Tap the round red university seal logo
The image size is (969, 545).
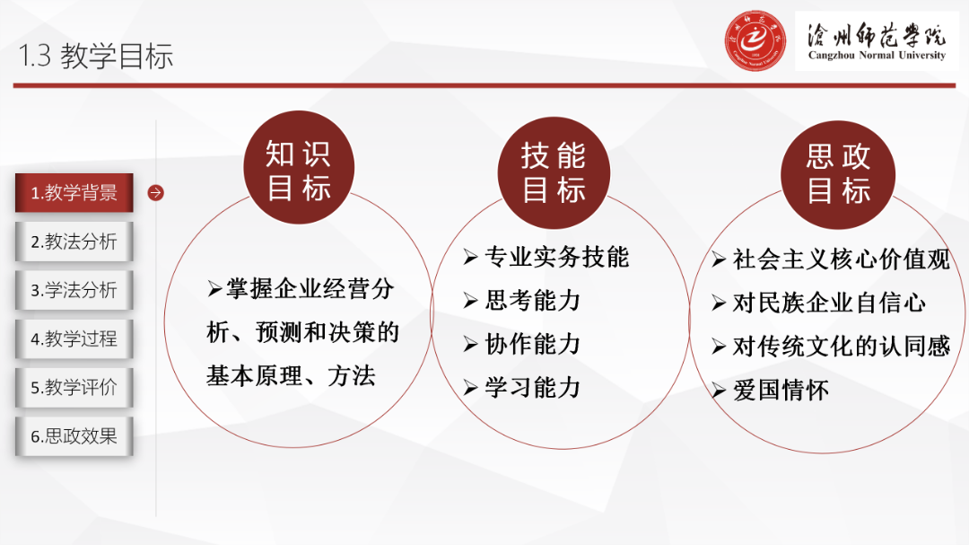[x=755, y=40]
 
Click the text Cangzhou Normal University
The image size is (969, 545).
[x=877, y=56]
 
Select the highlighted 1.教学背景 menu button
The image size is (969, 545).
[x=74, y=193]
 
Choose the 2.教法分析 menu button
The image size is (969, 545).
[x=74, y=242]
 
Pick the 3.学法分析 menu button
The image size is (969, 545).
[x=74, y=290]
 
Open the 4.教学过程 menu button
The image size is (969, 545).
[x=74, y=338]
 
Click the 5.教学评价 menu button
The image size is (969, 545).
[x=74, y=388]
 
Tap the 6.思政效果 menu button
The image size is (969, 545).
[x=74, y=436]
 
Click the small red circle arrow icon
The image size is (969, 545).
[x=156, y=193]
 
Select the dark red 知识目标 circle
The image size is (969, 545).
[x=299, y=170]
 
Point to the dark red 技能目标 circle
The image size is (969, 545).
[x=554, y=171]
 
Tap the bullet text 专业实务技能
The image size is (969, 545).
[x=556, y=258]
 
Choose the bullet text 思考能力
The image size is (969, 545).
[x=532, y=301]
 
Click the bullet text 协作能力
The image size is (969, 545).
[x=532, y=344]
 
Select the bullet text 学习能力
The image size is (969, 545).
[x=532, y=388]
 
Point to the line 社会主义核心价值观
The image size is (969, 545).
[x=841, y=259]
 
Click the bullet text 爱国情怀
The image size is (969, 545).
[x=780, y=391]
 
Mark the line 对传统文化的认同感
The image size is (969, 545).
[x=841, y=347]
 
